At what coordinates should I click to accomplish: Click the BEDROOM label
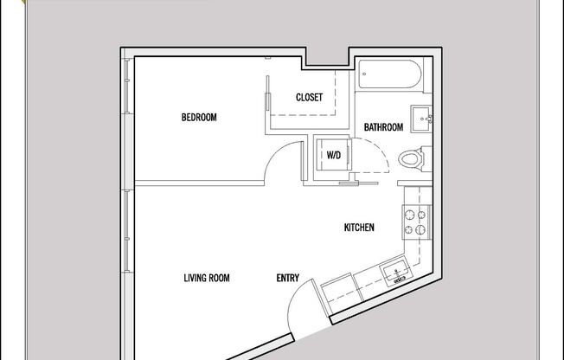[198, 118]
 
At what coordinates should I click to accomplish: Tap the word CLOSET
[309, 98]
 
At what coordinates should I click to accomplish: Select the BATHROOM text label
[383, 127]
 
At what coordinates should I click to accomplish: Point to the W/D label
[333, 156]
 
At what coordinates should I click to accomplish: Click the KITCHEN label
[359, 228]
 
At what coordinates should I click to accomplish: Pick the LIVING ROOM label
[206, 278]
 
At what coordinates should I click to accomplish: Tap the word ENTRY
[287, 278]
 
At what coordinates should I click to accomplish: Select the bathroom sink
[423, 119]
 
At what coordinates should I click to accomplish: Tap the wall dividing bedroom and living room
[199, 183]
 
